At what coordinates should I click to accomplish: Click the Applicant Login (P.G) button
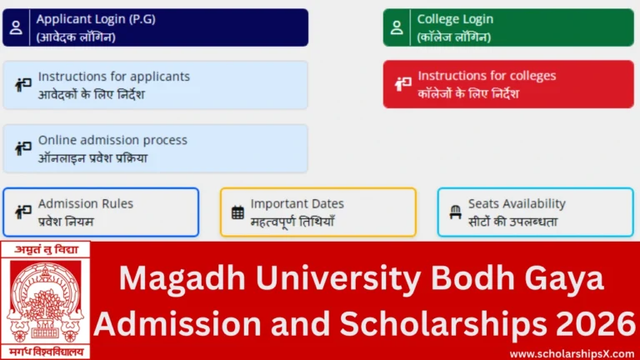tap(156, 27)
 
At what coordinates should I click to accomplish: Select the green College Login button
tap(508, 27)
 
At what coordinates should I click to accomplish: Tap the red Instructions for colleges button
tap(508, 84)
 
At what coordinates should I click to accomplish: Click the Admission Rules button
tap(101, 212)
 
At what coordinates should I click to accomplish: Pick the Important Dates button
tap(318, 212)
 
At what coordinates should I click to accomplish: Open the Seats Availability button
tap(535, 212)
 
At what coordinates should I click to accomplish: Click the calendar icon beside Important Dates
tap(237, 212)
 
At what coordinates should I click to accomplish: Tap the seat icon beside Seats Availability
tap(455, 212)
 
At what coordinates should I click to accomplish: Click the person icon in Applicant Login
tap(16, 27)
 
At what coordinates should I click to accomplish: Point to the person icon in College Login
tap(397, 27)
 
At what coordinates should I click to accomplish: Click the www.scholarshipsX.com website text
tap(568, 353)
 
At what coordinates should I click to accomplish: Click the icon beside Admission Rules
tap(22, 212)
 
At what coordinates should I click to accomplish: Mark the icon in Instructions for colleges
tap(403, 84)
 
